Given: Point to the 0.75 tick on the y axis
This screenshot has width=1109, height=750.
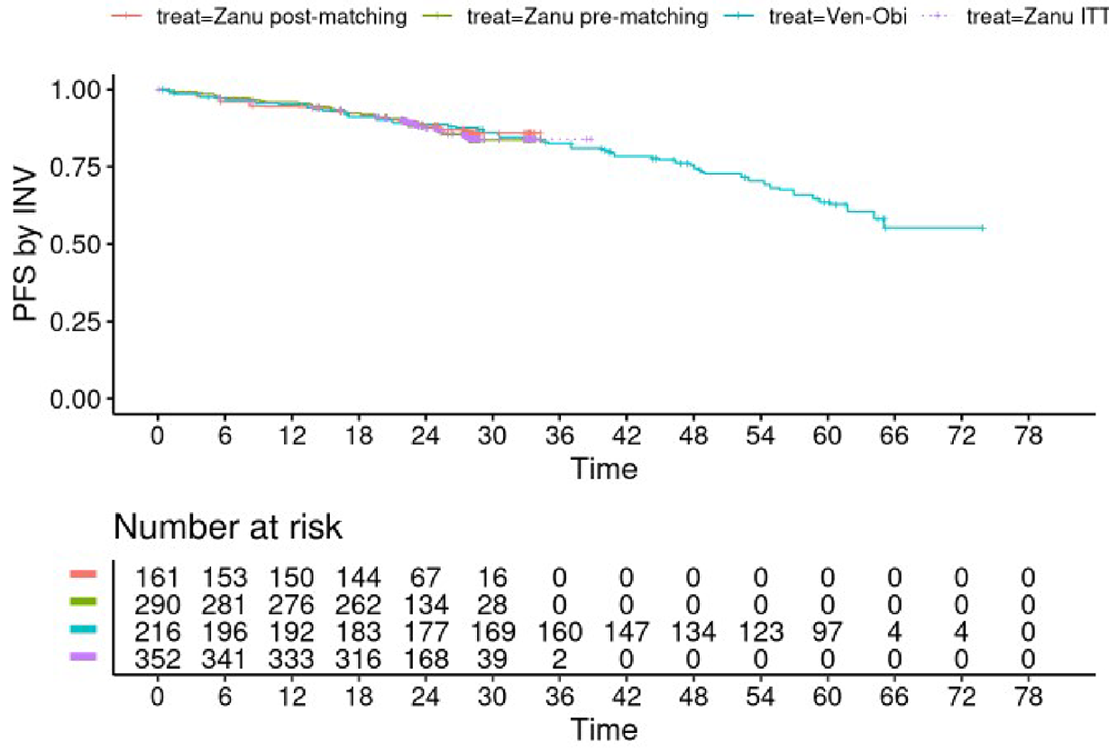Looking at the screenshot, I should coord(78,167).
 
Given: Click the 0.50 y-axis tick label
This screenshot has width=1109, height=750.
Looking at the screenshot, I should coord(78,244).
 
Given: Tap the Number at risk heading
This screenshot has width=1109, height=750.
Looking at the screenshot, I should coord(227,527).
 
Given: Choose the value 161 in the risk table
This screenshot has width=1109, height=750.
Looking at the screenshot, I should coord(158,577).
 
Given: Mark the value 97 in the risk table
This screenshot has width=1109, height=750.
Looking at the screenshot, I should coord(828,627).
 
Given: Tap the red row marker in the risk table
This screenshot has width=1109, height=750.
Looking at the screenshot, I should coord(83,573).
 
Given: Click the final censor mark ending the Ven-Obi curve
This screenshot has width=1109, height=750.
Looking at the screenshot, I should coord(982,228).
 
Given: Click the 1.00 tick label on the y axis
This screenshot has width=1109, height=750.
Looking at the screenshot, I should coord(78,89).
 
